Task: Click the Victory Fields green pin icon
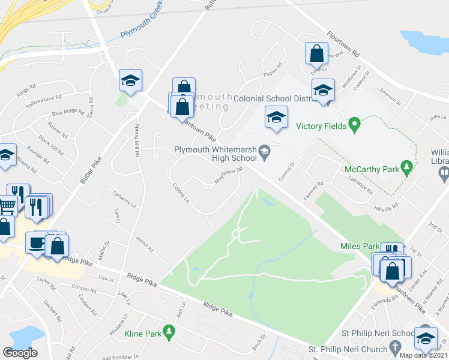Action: coord(354,126)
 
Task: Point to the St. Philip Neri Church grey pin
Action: coord(394,347)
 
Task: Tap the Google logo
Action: coord(20,353)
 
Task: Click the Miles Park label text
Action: coord(360,246)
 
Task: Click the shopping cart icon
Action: coord(7,207)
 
